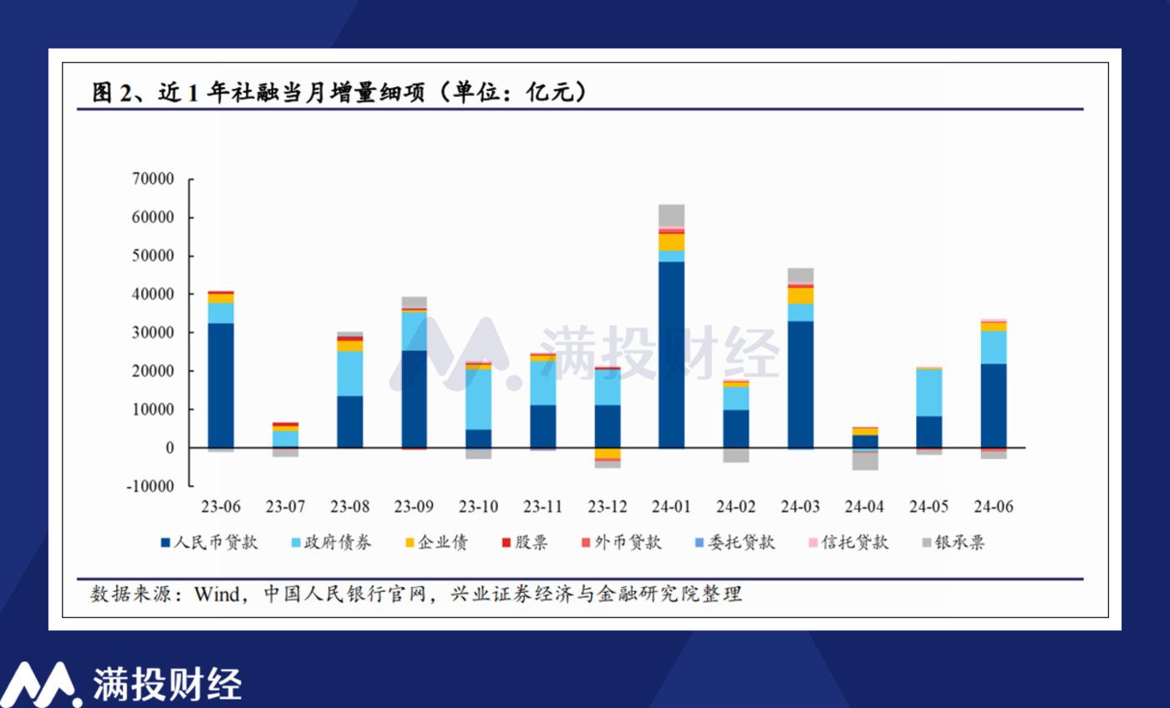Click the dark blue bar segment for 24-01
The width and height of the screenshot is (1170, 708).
coord(671,354)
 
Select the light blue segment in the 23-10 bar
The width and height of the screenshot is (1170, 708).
coord(478,399)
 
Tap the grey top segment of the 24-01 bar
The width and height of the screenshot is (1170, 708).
coord(671,216)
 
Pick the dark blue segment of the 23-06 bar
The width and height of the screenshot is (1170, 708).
coord(221,385)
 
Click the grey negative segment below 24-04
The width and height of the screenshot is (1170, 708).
coord(865,461)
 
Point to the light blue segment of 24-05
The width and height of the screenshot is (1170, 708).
coord(929,392)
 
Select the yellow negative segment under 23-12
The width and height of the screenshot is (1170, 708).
coord(608,453)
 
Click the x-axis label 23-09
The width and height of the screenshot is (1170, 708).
coord(414,507)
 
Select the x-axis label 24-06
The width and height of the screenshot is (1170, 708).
coord(994,507)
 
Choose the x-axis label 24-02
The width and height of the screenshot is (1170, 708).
coord(735,507)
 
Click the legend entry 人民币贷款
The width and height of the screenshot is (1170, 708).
coord(216,542)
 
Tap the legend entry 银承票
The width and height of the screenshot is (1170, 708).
coord(960,542)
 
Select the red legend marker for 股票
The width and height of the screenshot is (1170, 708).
coord(506,543)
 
